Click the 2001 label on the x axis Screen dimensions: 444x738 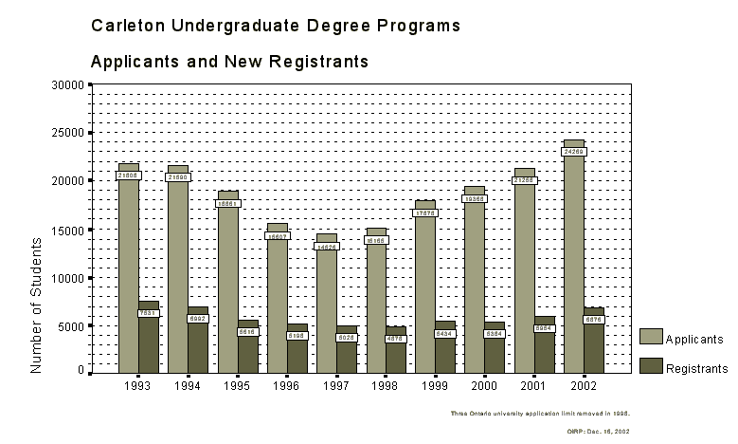click(531, 386)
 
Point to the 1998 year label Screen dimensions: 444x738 click(384, 386)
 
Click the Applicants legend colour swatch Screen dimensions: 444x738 click(650, 337)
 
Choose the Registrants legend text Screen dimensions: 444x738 click(696, 368)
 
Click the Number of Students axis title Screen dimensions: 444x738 click(37, 305)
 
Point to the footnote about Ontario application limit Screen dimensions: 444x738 click(540, 414)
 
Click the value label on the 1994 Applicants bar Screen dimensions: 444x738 click(177, 176)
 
